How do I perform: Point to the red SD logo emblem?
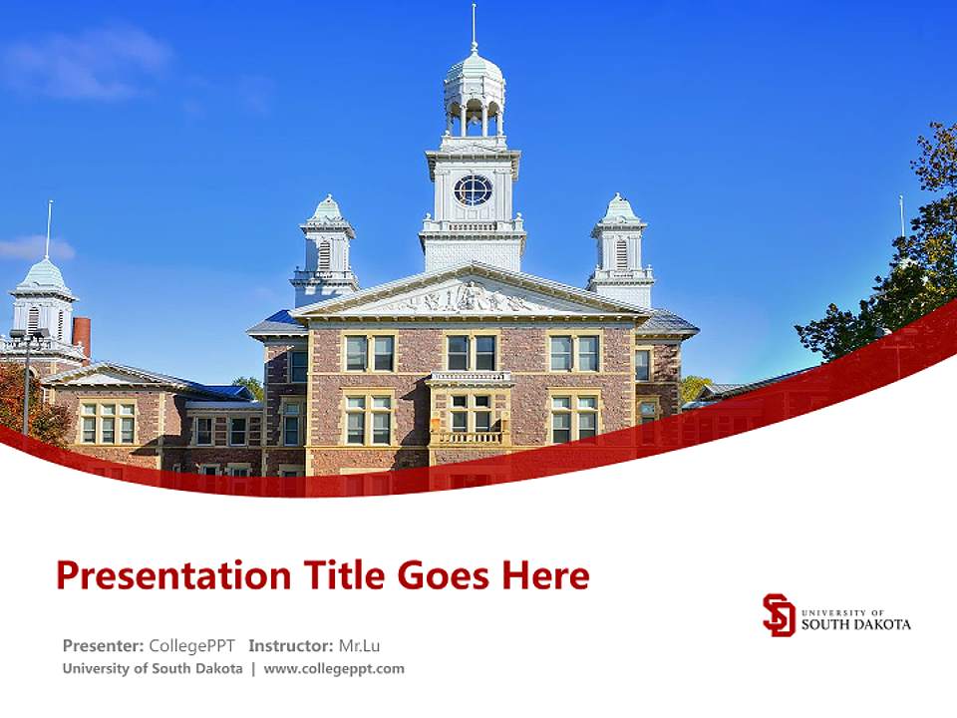tap(779, 615)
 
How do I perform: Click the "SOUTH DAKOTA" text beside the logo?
tap(855, 624)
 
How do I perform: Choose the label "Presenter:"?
tap(104, 645)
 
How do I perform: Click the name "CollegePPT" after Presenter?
tap(191, 645)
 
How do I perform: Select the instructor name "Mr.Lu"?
tap(359, 645)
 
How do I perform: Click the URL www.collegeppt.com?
tap(334, 669)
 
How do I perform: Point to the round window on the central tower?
tap(473, 189)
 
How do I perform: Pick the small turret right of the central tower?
tap(620, 249)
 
